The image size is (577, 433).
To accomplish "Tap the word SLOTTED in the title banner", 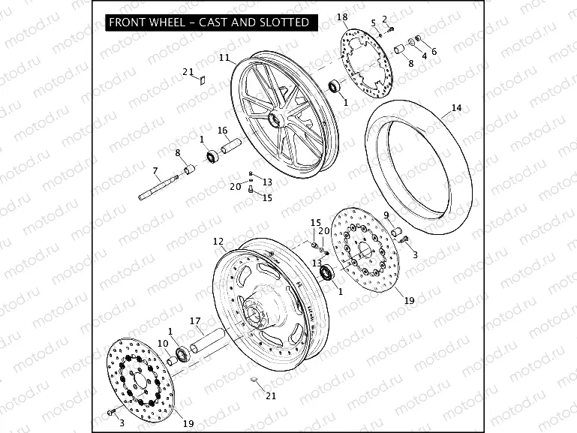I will (284, 23).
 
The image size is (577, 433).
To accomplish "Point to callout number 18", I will (342, 17).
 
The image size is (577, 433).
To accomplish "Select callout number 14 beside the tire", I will (456, 109).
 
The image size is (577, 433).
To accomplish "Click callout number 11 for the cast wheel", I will (224, 57).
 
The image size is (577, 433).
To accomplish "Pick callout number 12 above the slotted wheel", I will (218, 242).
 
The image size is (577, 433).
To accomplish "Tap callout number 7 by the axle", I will (155, 170).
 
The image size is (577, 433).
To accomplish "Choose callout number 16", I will (222, 131).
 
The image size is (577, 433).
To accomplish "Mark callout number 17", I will (195, 322).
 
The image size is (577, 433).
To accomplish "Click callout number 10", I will (162, 343).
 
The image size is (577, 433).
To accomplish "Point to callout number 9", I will (386, 215).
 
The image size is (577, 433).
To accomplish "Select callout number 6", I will (434, 51).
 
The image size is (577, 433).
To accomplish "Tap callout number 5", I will (373, 23).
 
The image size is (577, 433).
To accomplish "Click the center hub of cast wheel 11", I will (274, 119).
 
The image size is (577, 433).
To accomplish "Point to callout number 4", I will (424, 55).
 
